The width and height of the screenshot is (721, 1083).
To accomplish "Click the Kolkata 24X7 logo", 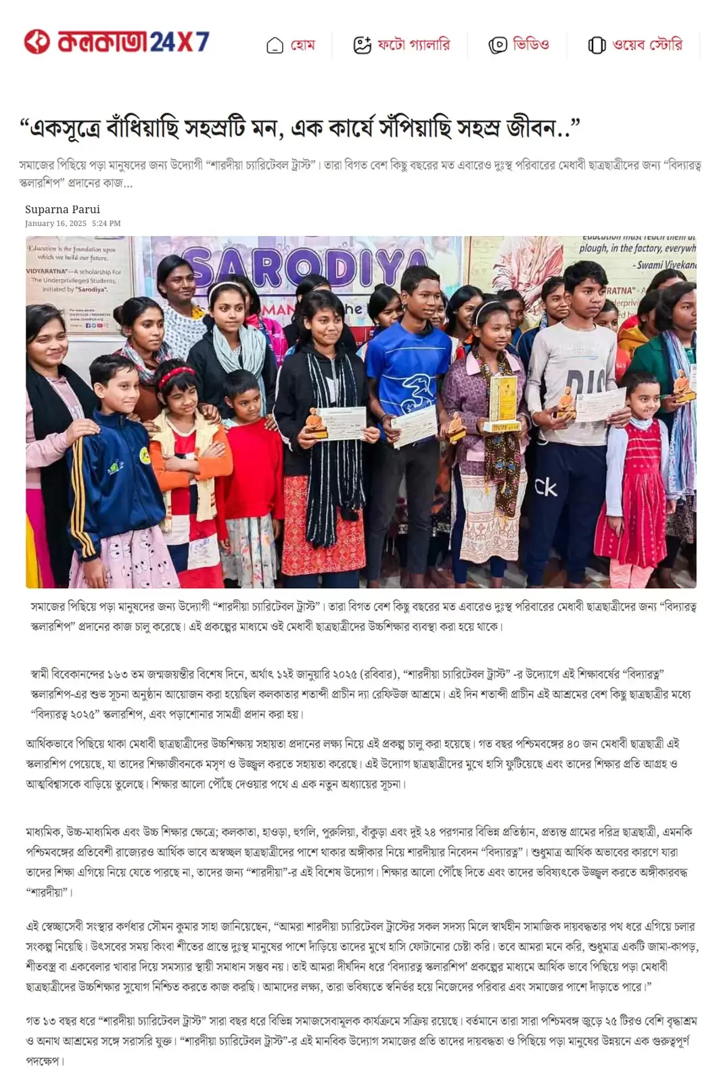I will click(116, 42).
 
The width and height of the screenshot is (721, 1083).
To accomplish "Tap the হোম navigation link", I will click(302, 45).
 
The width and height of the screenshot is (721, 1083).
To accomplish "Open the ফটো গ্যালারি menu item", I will click(413, 45).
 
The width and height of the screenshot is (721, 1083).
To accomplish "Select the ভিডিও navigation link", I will click(531, 45).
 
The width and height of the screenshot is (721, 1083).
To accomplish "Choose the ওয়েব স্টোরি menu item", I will click(647, 45).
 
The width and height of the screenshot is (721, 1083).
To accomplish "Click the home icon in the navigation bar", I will click(275, 46).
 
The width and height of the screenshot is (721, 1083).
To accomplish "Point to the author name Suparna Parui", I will click(62, 209).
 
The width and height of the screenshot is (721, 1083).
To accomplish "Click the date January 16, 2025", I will click(55, 223).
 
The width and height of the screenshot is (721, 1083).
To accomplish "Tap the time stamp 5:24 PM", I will click(106, 223).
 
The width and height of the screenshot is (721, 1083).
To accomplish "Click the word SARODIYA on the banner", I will click(304, 268).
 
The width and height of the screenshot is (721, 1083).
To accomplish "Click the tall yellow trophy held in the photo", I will click(503, 403).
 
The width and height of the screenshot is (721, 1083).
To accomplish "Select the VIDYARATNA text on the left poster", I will click(47, 271).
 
